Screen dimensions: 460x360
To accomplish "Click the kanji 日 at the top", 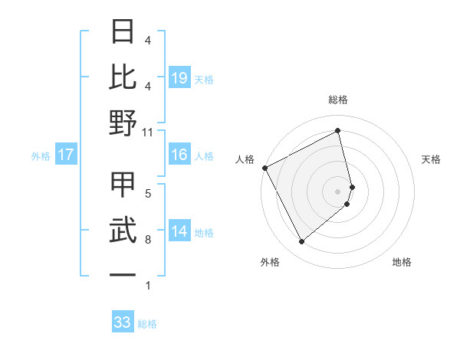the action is pos(123,33).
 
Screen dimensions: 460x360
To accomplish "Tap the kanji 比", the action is pos(123,77).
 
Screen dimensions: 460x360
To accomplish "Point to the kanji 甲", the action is pos(123,184).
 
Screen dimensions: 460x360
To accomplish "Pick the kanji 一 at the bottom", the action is pos(123,273).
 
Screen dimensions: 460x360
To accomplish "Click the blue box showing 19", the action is pos(179,77).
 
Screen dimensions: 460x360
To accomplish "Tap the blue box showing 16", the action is pos(179,155).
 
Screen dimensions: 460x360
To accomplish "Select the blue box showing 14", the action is pos(179,231).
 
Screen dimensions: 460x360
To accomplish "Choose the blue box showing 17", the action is pos(66,155).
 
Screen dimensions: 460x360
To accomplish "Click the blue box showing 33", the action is pos(123,322).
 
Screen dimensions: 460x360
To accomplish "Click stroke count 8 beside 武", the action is pos(147,240).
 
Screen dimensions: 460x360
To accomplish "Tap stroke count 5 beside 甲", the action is pos(147,193).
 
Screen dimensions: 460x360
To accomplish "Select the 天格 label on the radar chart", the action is pos(431,159).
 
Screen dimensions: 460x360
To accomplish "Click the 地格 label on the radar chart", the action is pos(402,262).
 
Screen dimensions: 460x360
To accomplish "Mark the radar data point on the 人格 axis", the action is pos(264,168).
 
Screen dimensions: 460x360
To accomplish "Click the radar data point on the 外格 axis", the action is pos(301,242).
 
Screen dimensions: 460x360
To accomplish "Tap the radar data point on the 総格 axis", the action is pos(338,131).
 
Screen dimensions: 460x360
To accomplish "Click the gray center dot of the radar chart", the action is pos(338,191).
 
